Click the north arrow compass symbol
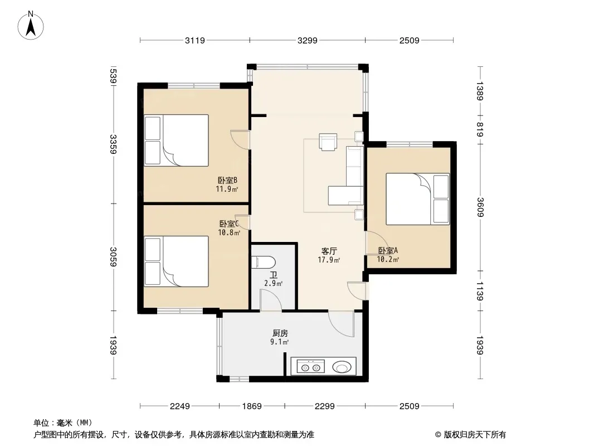pos(31,26)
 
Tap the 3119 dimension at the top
pos(194,40)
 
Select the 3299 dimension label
pos(307,40)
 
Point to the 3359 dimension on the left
pos(113,144)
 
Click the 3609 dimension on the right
pos(480,207)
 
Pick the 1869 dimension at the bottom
pos(252,406)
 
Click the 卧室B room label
pos(227,180)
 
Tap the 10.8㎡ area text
pos(229,232)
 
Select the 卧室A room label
pos(388,250)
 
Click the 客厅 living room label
pos(329,251)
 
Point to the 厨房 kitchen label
pos(280,333)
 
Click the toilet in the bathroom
pos(263,262)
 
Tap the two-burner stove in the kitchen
pos(310,367)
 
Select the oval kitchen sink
pos(342,367)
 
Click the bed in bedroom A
pos(417,199)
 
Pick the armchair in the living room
pos(328,142)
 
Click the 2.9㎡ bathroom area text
pos(273,283)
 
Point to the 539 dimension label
pos(113,76)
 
